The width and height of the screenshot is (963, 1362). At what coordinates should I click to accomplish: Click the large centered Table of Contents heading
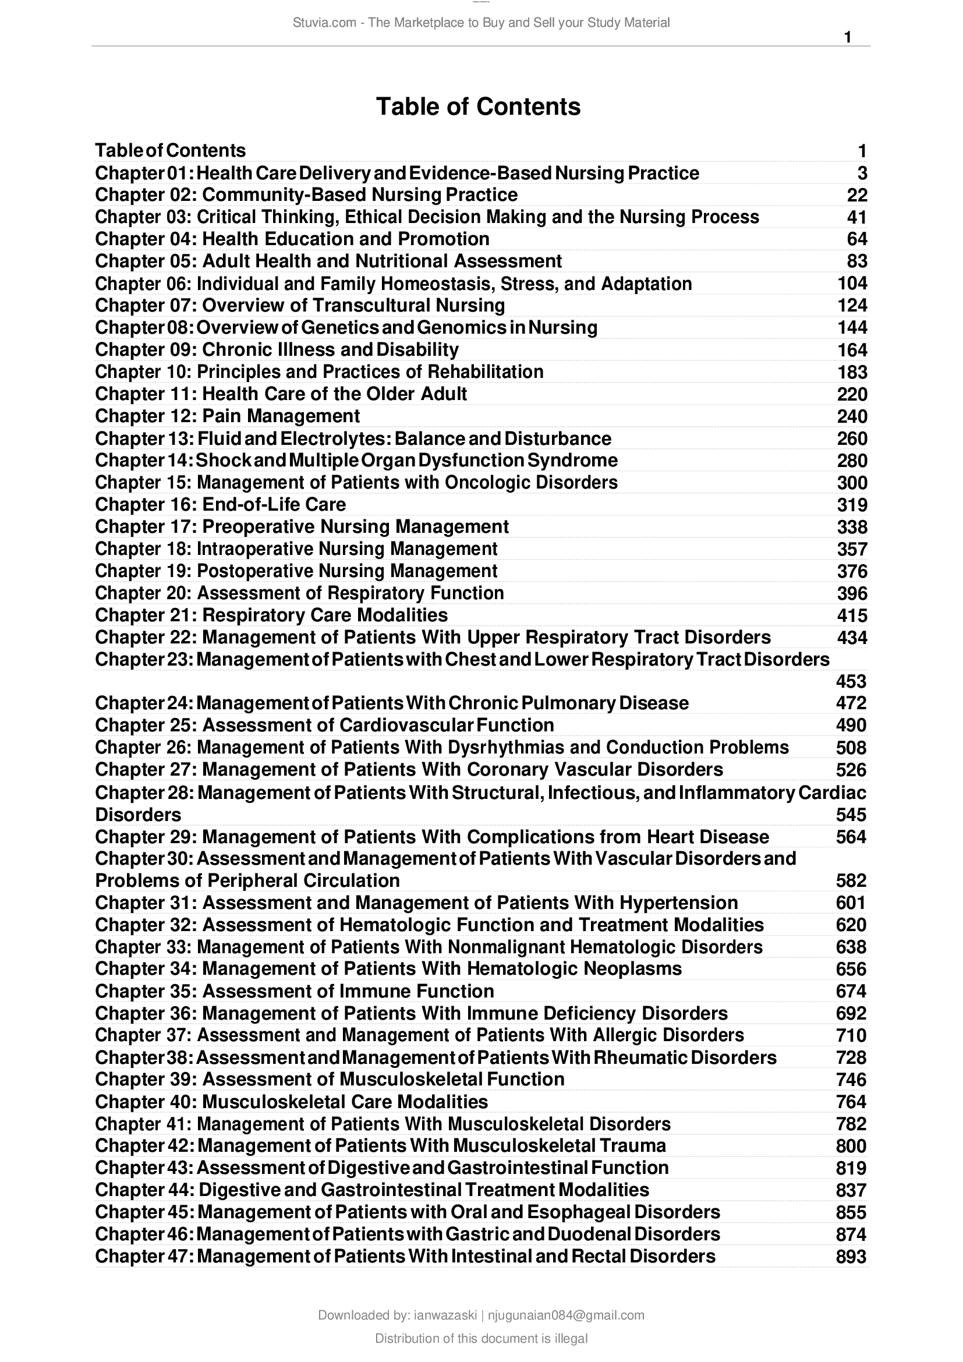(x=478, y=107)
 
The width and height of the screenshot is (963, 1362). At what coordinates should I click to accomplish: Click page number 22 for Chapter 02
(x=856, y=195)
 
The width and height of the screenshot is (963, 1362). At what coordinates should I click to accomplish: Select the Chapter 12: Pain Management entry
(x=227, y=416)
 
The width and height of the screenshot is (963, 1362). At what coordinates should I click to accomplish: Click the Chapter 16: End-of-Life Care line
(x=220, y=504)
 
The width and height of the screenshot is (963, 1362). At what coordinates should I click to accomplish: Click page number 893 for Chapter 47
(x=851, y=1257)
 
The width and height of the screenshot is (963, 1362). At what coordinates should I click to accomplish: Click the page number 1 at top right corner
(x=847, y=37)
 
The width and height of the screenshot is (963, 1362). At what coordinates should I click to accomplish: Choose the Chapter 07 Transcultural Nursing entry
(x=299, y=306)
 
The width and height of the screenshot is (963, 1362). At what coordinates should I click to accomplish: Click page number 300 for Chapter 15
(x=852, y=482)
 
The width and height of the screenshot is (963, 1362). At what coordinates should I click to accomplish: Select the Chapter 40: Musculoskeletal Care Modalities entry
(x=291, y=1102)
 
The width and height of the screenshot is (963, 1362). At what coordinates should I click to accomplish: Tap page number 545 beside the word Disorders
(x=851, y=815)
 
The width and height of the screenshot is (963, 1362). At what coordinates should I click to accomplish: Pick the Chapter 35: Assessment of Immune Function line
(x=294, y=991)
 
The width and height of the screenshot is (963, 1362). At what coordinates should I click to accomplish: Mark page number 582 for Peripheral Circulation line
(x=851, y=880)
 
